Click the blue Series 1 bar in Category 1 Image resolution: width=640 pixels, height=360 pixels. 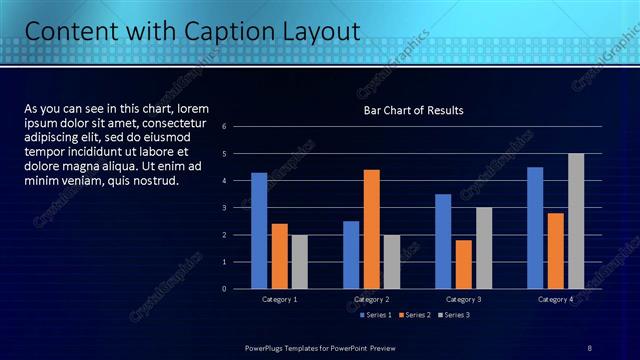pyautogui.click(x=259, y=230)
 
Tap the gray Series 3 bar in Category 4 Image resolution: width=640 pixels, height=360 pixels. pyautogui.click(x=576, y=221)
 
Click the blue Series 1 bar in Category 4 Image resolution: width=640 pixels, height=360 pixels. pyautogui.click(x=535, y=227)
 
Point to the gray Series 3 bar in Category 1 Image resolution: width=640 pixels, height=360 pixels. pyautogui.click(x=300, y=261)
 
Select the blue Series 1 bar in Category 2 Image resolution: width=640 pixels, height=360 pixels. pyautogui.click(x=351, y=254)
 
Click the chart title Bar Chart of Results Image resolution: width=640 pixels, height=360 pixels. pyautogui.click(x=413, y=110)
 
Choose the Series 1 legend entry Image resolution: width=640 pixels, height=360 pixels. pyautogui.click(x=374, y=315)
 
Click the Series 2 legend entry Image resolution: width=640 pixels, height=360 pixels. pyautogui.click(x=413, y=315)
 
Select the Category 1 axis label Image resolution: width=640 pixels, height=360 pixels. pyautogui.click(x=279, y=299)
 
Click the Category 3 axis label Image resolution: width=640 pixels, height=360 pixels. pyautogui.click(x=463, y=299)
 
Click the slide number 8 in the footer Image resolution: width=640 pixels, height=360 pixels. pyautogui.click(x=590, y=347)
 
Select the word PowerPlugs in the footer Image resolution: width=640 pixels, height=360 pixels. pyautogui.click(x=267, y=347)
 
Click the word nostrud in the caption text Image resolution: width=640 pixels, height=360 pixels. pyautogui.click(x=157, y=181)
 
